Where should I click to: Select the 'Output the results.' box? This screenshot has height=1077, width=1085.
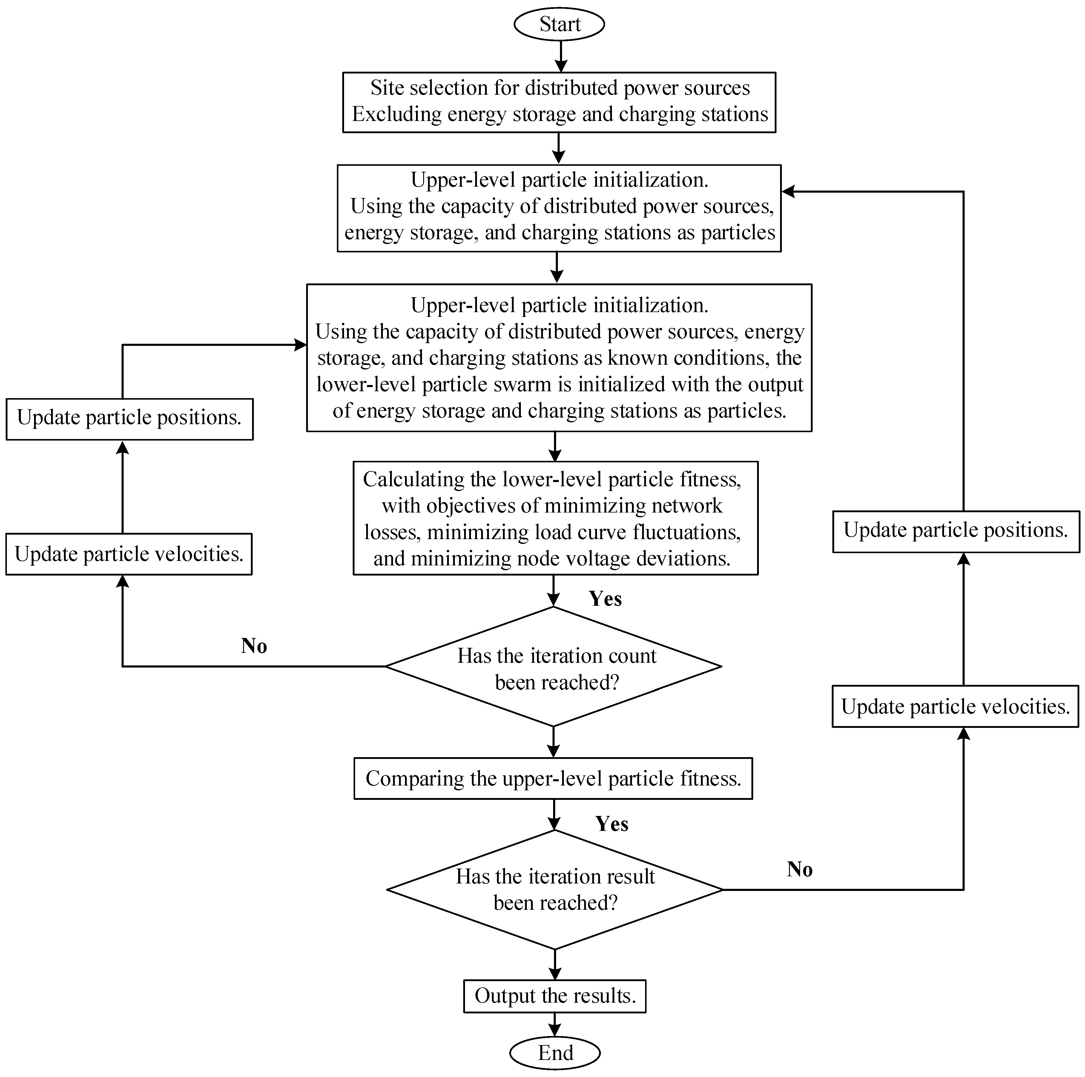555,995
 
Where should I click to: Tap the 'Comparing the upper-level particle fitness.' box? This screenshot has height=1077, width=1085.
553,778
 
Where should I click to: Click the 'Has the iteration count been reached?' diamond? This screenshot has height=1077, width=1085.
554,667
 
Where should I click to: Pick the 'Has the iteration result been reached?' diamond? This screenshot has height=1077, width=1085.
555,889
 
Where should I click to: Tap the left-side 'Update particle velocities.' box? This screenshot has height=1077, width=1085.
129,554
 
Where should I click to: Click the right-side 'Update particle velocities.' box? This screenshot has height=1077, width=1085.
955,706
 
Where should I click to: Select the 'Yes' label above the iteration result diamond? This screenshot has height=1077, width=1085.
612,824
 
